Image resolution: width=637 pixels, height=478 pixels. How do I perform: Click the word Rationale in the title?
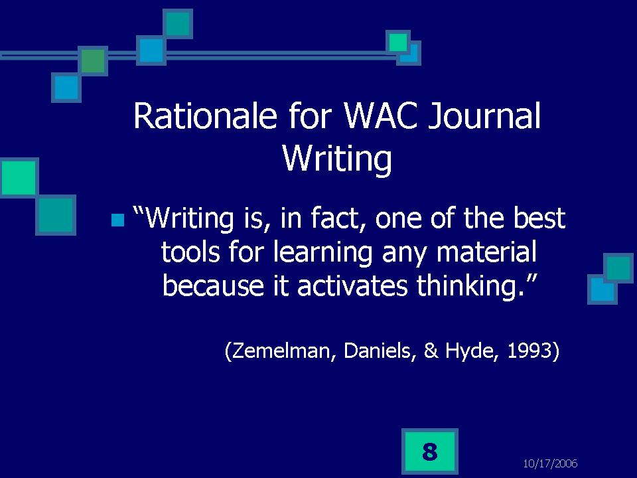pos(205,116)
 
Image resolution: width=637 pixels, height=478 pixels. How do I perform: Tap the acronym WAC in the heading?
pos(380,116)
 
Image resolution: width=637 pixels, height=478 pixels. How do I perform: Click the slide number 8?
pos(430,451)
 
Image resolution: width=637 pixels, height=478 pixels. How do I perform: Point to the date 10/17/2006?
pos(550,463)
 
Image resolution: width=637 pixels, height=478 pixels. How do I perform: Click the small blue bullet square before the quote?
pos(117,220)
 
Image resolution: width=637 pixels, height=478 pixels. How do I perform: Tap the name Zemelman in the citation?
pos(280,351)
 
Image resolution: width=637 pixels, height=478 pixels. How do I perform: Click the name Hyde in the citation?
pos(471,351)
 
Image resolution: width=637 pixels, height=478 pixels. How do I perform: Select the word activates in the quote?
pos(352,285)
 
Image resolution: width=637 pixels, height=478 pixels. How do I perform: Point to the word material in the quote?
pos(486,252)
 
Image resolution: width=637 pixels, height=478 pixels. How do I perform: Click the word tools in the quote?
pos(190,252)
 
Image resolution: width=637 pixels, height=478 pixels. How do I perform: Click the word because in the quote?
pos(213,285)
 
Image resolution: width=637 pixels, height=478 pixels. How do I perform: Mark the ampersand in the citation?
pos(431,351)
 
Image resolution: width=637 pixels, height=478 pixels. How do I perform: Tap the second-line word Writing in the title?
pos(337,159)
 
